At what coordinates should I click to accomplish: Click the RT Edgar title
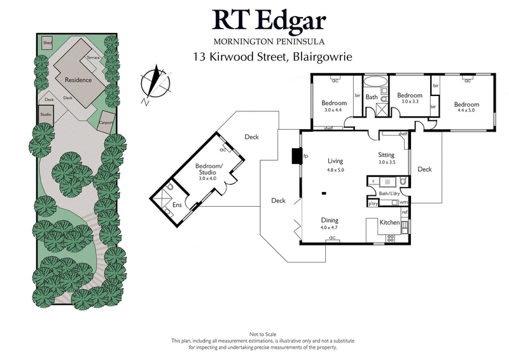[269, 22]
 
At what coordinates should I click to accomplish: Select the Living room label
[335, 161]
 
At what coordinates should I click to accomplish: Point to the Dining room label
[329, 219]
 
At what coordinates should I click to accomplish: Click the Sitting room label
[386, 155]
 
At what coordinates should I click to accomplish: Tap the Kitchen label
[389, 223]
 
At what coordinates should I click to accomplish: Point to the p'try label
[373, 203]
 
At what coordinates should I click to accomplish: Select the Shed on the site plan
[47, 43]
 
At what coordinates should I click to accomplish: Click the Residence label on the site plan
[78, 80]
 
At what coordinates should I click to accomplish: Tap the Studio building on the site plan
[46, 114]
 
